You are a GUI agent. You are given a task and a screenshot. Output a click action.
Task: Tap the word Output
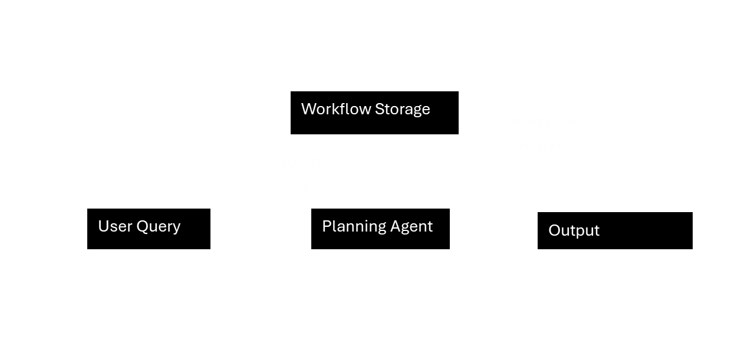(x=574, y=230)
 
